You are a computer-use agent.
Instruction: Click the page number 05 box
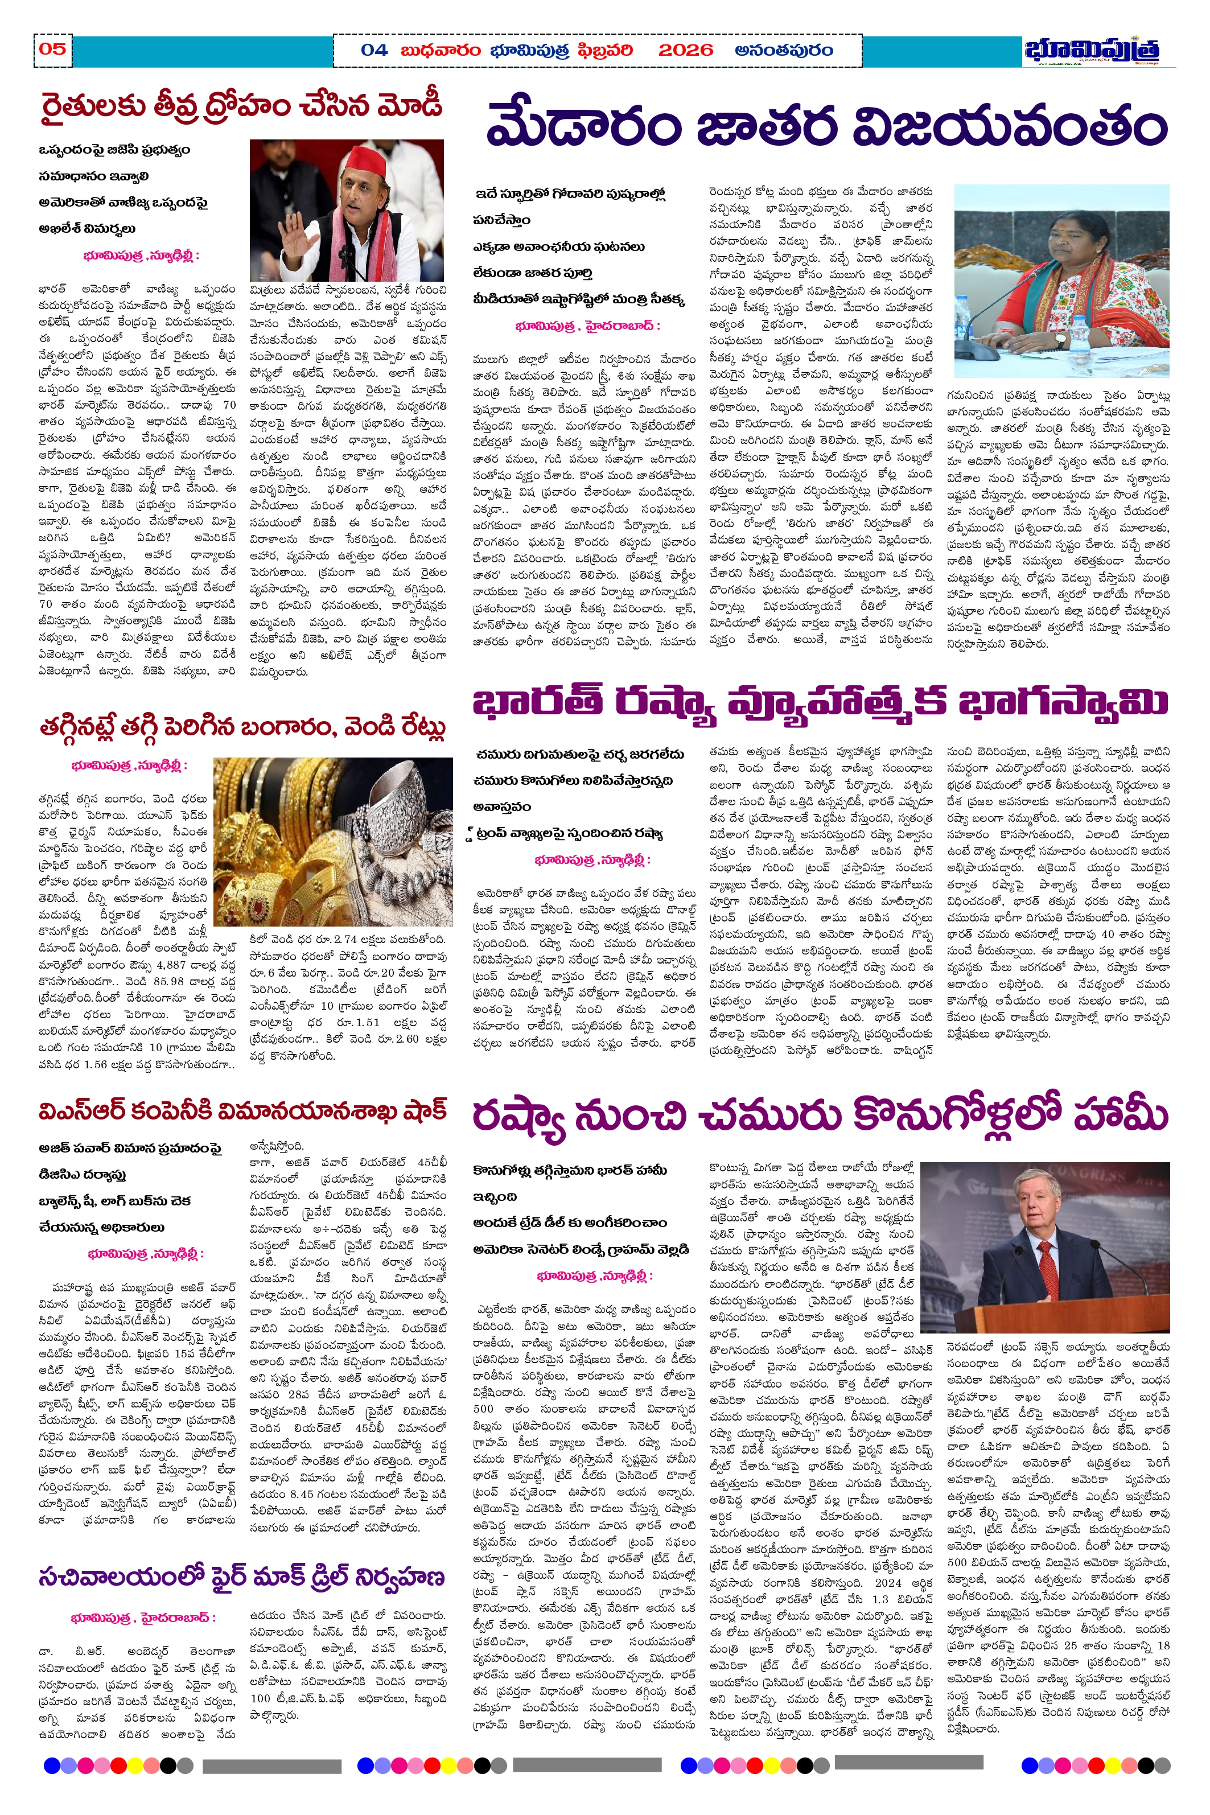52,50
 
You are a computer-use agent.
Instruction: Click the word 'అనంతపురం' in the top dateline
783,50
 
